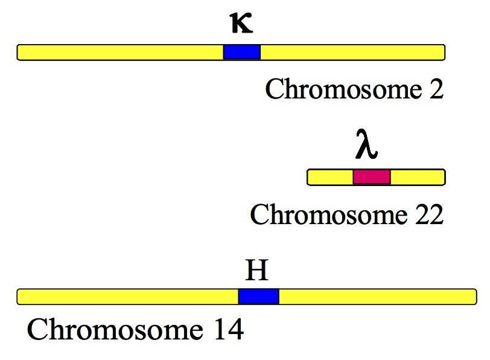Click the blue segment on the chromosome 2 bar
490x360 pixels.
coord(242,53)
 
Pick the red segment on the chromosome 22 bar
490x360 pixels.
coord(372,177)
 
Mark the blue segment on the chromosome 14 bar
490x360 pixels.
coord(258,297)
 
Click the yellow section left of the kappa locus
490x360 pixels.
coord(121,53)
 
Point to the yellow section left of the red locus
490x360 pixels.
coord(331,177)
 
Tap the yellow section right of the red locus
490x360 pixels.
coord(418,177)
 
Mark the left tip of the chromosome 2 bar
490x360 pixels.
coord(19,53)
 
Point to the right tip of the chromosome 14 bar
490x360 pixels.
coord(475,297)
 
